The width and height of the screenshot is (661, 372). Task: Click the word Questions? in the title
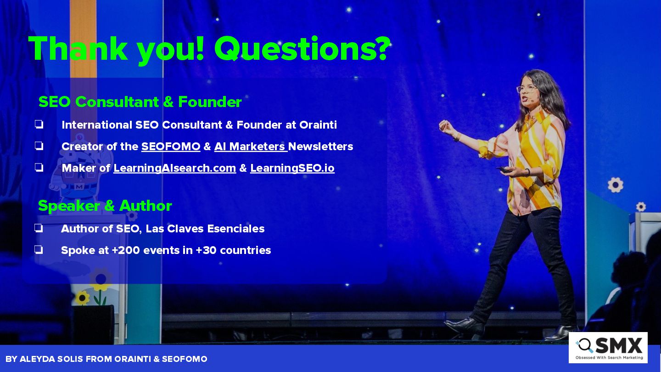click(x=302, y=49)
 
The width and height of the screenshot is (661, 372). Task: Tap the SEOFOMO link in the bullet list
click(x=171, y=147)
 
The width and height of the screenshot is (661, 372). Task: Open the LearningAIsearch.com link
click(x=175, y=168)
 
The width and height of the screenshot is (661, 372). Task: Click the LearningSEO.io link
click(x=292, y=168)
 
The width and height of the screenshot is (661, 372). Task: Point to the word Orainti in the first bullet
click(x=318, y=125)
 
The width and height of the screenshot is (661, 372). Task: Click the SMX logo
click(x=608, y=348)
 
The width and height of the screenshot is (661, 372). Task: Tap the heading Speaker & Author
click(x=105, y=206)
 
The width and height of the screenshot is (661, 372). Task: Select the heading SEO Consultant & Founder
click(x=140, y=102)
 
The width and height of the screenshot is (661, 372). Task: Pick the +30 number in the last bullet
click(x=206, y=250)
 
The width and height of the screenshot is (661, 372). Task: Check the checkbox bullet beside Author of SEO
click(x=39, y=228)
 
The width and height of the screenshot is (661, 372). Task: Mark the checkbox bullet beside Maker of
click(x=39, y=168)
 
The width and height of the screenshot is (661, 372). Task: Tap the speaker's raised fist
click(x=445, y=126)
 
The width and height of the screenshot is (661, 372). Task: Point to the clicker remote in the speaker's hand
click(x=504, y=170)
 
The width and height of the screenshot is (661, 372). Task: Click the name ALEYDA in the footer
click(x=37, y=359)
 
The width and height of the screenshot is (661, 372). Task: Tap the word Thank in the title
click(x=78, y=49)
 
